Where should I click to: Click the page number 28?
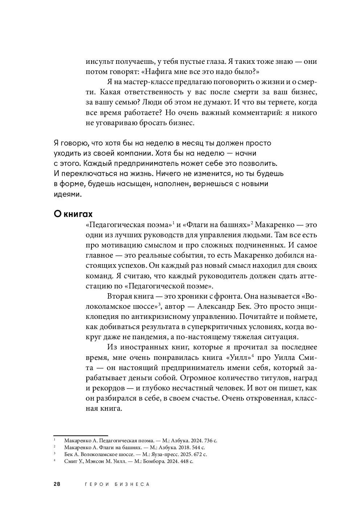click(57, 484)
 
